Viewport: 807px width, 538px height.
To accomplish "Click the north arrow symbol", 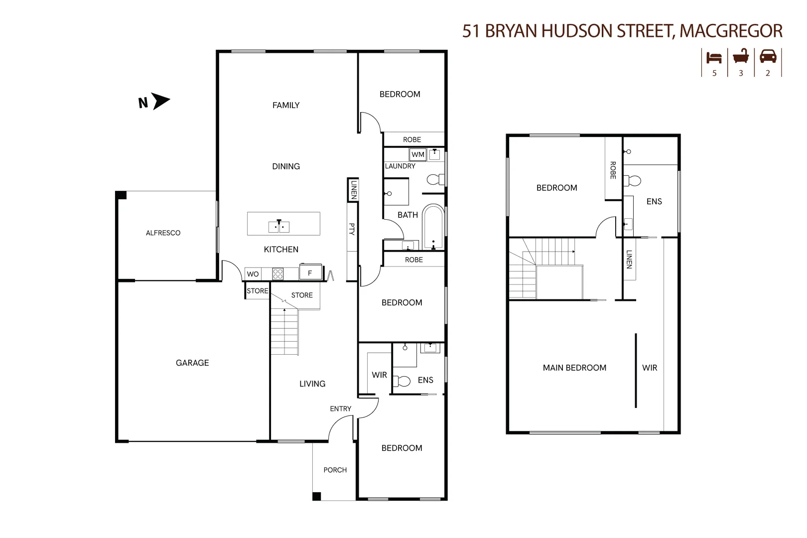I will tap(161, 101).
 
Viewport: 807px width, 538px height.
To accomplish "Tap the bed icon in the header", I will tap(714, 58).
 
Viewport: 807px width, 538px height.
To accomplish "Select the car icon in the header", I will tap(768, 56).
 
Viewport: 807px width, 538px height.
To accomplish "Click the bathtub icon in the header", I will tap(741, 57).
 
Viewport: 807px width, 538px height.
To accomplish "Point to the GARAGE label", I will tap(192, 363).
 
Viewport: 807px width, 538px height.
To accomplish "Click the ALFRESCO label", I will tap(163, 233).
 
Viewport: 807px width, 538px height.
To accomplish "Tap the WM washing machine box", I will tap(418, 154).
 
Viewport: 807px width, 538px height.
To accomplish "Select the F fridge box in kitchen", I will tap(310, 272).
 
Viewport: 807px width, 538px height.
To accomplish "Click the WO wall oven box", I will tap(253, 274).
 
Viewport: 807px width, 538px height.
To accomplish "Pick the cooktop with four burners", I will tap(278, 273).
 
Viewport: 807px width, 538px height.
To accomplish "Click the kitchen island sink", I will tap(279, 227).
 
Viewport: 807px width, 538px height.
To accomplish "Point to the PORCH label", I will tap(335, 470).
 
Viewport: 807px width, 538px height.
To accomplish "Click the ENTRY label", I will tap(341, 408).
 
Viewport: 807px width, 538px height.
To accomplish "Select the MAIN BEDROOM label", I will tap(574, 368).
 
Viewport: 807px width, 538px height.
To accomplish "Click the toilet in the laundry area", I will tap(435, 179).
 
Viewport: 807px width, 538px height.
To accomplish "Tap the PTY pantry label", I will tap(352, 229).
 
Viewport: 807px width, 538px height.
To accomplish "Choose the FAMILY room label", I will tap(286, 105).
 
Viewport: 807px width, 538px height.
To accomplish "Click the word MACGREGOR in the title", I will tap(731, 31).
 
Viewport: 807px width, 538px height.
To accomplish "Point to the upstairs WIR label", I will tap(650, 368).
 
